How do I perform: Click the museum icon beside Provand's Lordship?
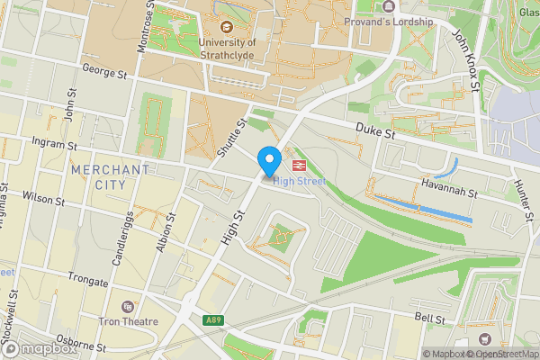pyautogui.click(x=336, y=20)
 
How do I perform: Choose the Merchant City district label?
pyautogui.click(x=109, y=176)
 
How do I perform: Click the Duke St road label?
pyautogui.click(x=375, y=132)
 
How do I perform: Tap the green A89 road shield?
pyautogui.click(x=213, y=319)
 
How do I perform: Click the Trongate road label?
pyautogui.click(x=82, y=282)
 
